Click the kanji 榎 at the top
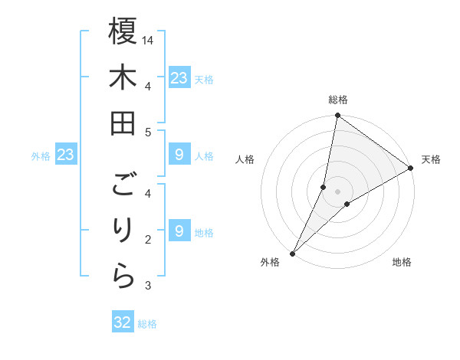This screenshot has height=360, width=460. [x=123, y=32]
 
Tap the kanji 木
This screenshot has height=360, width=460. [x=123, y=78]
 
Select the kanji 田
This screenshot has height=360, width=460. [x=123, y=123]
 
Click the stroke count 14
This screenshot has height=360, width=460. [x=149, y=40]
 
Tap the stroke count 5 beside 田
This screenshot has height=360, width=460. [x=149, y=132]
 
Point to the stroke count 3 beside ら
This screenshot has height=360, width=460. [x=149, y=286]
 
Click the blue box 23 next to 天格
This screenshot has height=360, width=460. [x=179, y=78]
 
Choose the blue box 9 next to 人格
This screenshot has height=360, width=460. [x=179, y=155]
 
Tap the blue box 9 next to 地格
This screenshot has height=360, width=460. [x=179, y=231]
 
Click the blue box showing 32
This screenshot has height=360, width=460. [x=123, y=322]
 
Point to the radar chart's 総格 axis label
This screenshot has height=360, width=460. [x=337, y=100]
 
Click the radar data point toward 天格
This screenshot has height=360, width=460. [x=411, y=169]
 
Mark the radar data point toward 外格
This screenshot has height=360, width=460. [x=292, y=254]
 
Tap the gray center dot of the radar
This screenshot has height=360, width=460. [x=337, y=191]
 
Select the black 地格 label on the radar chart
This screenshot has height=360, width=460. [x=402, y=263]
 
